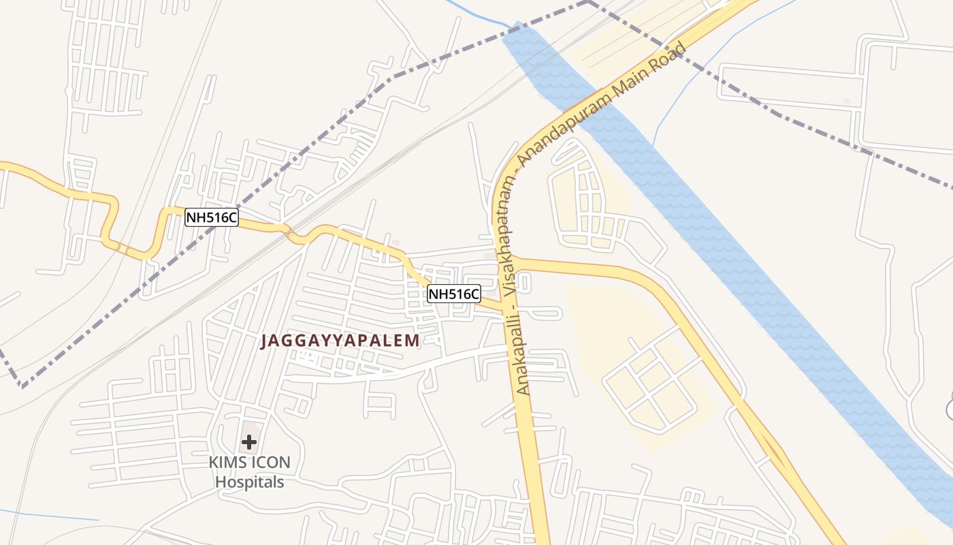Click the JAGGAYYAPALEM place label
[x=340, y=341]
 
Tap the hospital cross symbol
[x=249, y=441]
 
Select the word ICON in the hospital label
[x=270, y=463]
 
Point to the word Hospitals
[x=249, y=482]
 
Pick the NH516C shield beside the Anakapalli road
[x=454, y=294]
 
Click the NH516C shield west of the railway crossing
[x=212, y=217]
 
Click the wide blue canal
[x=749, y=272]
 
